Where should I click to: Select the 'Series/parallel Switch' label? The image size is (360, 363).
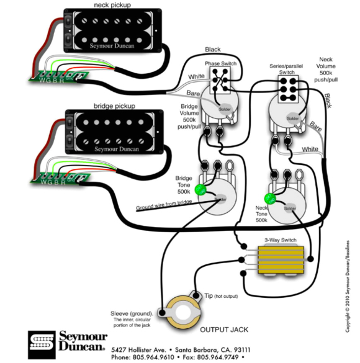tap(287, 69)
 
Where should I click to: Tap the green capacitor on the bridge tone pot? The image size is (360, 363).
tap(200, 190)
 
